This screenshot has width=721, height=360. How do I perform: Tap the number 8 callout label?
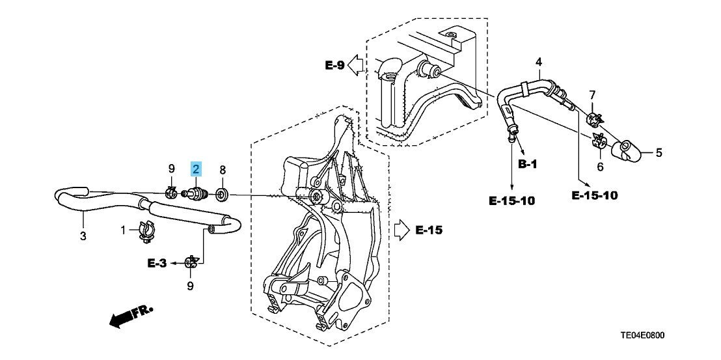tap(222, 170)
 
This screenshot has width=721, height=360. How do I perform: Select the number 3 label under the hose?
tap(83, 236)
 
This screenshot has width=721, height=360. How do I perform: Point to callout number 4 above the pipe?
tap(538, 62)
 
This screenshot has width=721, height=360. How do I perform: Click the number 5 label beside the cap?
tap(659, 154)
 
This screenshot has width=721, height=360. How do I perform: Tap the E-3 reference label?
tap(157, 263)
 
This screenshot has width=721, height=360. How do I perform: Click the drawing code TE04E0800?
tap(643, 336)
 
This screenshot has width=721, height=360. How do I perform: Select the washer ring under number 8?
tap(222, 193)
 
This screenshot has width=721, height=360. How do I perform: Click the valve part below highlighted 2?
tap(197, 193)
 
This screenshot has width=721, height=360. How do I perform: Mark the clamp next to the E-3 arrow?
tap(191, 262)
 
